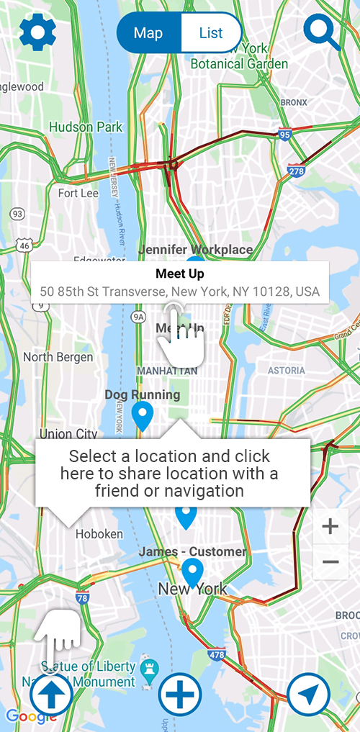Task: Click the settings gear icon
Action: click(x=37, y=32)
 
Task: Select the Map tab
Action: click(x=149, y=33)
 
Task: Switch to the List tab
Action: click(x=211, y=33)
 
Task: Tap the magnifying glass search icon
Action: click(x=321, y=32)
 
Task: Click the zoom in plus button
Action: click(x=330, y=527)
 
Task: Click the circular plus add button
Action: click(x=180, y=695)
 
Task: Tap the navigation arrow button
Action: click(x=309, y=695)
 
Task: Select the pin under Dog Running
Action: click(x=143, y=416)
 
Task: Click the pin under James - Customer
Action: click(x=192, y=573)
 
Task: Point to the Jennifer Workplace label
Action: click(x=196, y=250)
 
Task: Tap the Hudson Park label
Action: click(x=86, y=127)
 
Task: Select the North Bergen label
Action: click(x=58, y=357)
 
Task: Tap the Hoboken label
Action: click(x=99, y=534)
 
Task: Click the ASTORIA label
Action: click(x=287, y=370)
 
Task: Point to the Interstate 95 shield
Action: click(x=284, y=135)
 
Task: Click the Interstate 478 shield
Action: click(x=216, y=656)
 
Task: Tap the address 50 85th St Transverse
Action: click(x=179, y=292)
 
